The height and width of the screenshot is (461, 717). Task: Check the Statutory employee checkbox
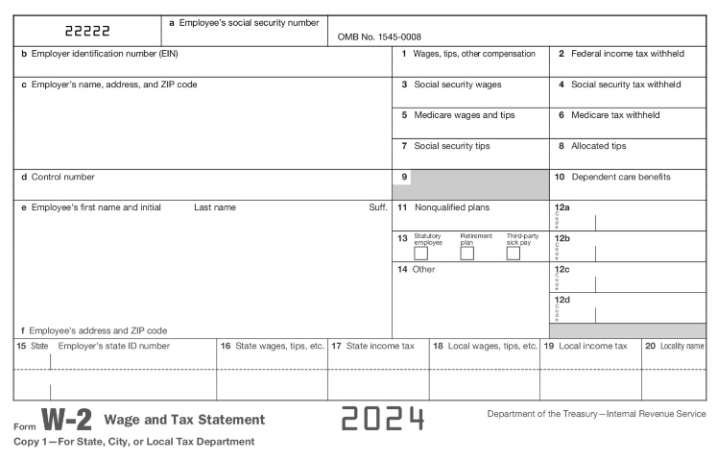tap(420, 254)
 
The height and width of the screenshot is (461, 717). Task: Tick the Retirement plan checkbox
tap(467, 254)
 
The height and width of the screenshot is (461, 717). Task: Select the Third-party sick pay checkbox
tap(514, 254)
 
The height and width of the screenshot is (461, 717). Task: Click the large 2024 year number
tap(382, 420)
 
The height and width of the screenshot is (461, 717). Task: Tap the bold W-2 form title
tap(65, 421)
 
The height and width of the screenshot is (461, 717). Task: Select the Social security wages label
tap(451, 85)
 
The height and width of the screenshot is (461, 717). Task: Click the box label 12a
tap(562, 207)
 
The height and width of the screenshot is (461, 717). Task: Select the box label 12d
tap(562, 301)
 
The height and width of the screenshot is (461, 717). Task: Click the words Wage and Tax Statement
tap(183, 420)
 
